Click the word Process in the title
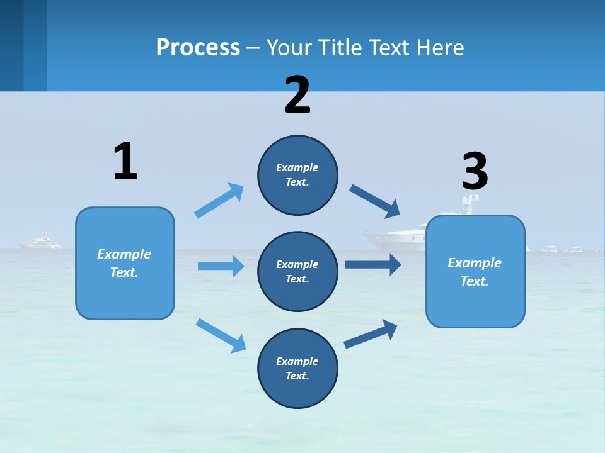click(198, 48)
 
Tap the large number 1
click(125, 161)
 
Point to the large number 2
click(297, 95)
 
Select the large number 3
click(475, 171)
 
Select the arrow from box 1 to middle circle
click(221, 266)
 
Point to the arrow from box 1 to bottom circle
click(221, 335)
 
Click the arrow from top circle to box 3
click(375, 201)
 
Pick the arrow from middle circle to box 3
click(373, 264)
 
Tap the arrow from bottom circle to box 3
click(371, 333)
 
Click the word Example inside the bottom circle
click(297, 361)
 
